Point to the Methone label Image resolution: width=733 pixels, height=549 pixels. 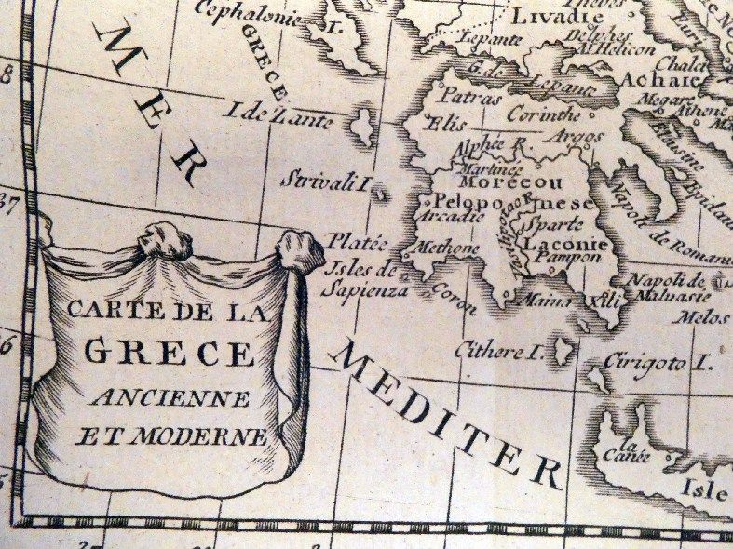tap(451, 249)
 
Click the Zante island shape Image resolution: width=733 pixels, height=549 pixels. tap(361, 125)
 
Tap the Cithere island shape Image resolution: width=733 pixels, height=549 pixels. tap(563, 352)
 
